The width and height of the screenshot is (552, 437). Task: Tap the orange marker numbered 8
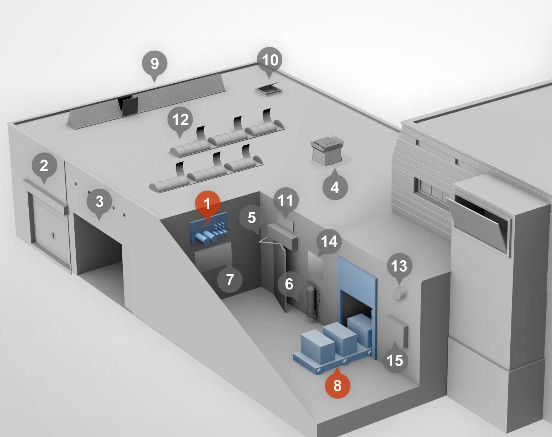tap(337, 385)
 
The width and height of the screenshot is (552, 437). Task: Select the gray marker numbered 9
tap(155, 64)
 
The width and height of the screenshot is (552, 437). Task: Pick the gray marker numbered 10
tap(270, 60)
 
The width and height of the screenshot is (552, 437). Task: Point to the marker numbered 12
tap(180, 119)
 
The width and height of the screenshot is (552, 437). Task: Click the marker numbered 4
tap(335, 187)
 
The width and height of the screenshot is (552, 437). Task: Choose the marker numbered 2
tap(44, 166)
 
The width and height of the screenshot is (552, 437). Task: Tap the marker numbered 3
tap(100, 202)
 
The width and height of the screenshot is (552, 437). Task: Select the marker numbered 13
tap(399, 266)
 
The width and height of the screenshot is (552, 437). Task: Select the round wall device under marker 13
tap(399, 293)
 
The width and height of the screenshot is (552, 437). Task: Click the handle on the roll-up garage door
tap(53, 236)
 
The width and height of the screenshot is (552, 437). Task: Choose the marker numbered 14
tap(329, 242)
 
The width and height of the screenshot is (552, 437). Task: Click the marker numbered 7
tap(230, 279)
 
